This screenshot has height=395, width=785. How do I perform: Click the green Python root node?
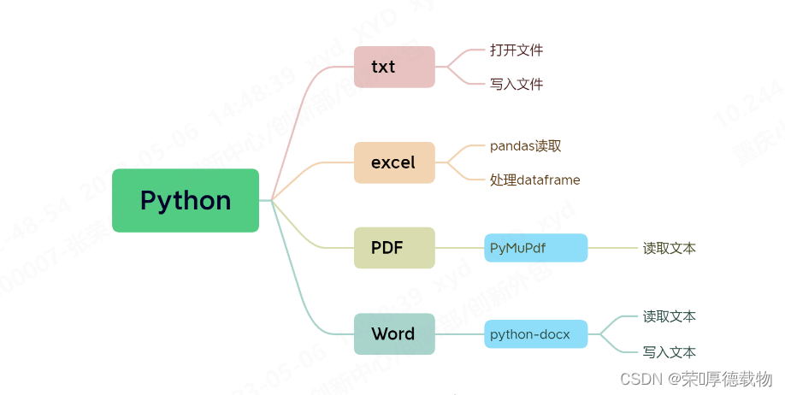click(186, 200)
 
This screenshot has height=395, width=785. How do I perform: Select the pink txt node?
click(394, 67)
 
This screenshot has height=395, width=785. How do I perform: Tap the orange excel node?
click(394, 162)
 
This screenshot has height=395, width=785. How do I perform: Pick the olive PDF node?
click(394, 248)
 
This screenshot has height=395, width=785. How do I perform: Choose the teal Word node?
click(394, 333)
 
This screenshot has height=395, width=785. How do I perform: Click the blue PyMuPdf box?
click(535, 248)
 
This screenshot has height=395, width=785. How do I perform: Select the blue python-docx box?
click(535, 333)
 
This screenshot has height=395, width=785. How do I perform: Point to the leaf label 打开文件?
click(516, 50)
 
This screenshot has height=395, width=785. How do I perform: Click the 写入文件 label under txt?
click(516, 84)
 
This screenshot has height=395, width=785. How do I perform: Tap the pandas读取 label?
click(525, 145)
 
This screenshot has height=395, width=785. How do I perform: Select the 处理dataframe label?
click(535, 180)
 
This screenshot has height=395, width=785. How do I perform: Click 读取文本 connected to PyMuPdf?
click(670, 248)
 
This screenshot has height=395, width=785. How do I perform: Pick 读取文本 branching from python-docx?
click(670, 316)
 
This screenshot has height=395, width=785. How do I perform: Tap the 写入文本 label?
click(670, 351)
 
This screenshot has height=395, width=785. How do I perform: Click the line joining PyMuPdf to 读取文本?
click(611, 248)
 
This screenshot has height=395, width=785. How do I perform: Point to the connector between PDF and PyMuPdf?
click(459, 248)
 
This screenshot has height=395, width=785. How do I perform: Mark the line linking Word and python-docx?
click(459, 333)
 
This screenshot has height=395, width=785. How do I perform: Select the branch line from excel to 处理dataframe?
click(462, 174)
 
